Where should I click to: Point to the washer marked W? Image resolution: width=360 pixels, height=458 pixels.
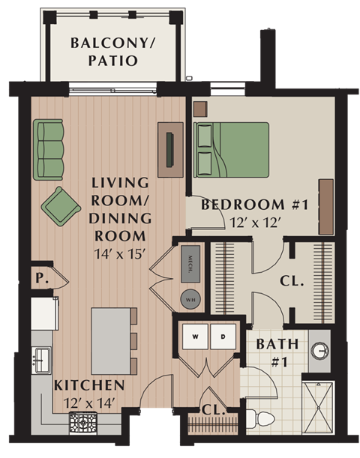[x=195, y=337]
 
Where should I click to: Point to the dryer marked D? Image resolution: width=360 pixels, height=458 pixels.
[x=223, y=337]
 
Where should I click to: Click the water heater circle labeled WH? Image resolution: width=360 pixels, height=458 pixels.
[x=190, y=297]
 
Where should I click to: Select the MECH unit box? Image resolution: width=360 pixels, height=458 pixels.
[x=190, y=262]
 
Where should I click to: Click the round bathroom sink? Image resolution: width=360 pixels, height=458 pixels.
[x=320, y=350]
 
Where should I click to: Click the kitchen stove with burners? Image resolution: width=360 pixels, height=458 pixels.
[x=82, y=424]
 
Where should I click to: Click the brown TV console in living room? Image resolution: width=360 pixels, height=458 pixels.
[x=169, y=148]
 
